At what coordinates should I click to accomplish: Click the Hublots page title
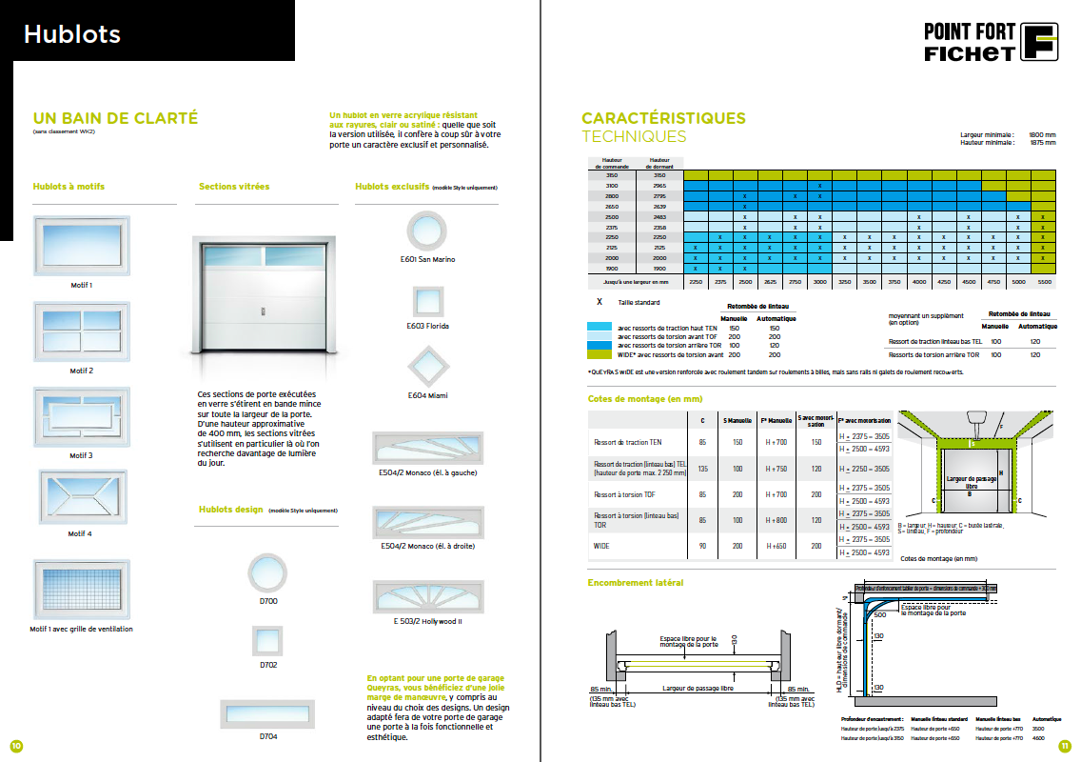(72, 35)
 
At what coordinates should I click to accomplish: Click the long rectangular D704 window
(267, 713)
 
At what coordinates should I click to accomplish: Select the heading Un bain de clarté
(115, 118)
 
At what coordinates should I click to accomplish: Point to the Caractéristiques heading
(663, 119)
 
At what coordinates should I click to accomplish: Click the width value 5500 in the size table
(1044, 282)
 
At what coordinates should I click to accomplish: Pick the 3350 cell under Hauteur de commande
(612, 175)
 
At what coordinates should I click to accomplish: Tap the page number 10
(15, 745)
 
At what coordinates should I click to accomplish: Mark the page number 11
(1065, 745)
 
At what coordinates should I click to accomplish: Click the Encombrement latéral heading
(635, 582)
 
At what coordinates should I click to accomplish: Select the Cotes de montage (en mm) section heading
(644, 399)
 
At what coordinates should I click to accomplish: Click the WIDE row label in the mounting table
(600, 546)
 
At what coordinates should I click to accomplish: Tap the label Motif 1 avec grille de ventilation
(81, 629)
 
